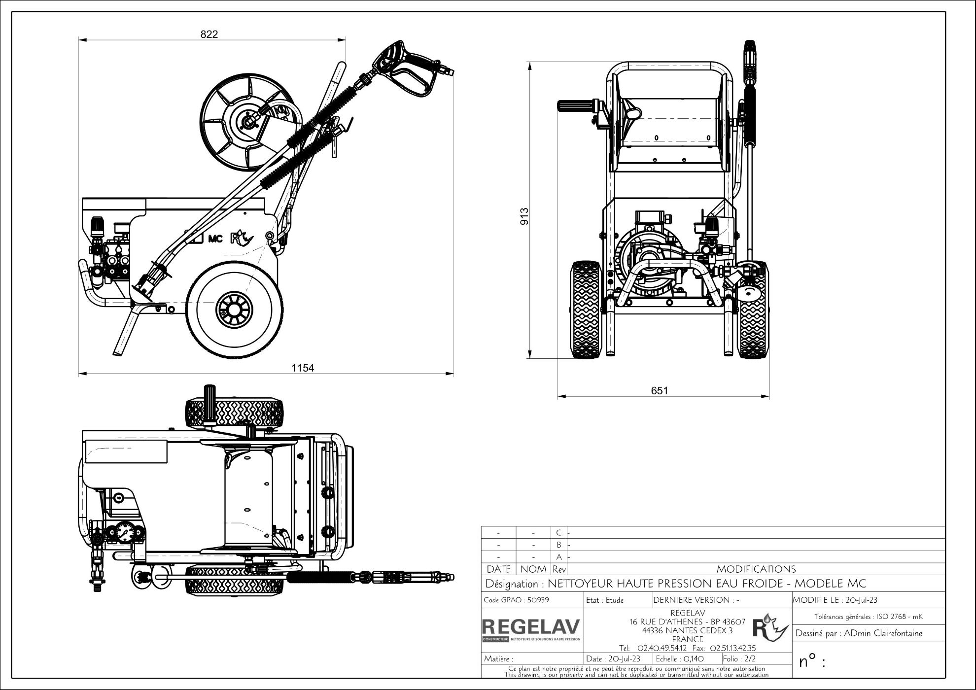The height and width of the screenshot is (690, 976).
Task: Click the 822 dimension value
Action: pyautogui.click(x=209, y=34)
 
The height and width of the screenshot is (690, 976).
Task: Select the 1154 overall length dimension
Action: pyautogui.click(x=303, y=368)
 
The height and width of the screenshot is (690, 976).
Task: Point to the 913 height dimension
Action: pyautogui.click(x=524, y=216)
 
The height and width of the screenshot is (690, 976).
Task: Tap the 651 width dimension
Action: pyautogui.click(x=660, y=391)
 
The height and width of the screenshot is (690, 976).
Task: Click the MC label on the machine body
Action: pyautogui.click(x=215, y=239)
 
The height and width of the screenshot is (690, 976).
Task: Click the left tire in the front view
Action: pyautogui.click(x=586, y=309)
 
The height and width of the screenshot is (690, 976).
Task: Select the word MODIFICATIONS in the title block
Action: pyautogui.click(x=756, y=569)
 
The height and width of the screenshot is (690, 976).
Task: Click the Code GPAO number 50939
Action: pyautogui.click(x=538, y=600)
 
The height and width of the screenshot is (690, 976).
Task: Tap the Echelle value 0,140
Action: pyautogui.click(x=694, y=658)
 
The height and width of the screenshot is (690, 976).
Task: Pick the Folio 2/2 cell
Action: pyautogui.click(x=739, y=658)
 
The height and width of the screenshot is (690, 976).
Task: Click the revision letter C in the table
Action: pyautogui.click(x=558, y=533)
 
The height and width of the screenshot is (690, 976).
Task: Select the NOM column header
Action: pyautogui.click(x=533, y=569)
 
